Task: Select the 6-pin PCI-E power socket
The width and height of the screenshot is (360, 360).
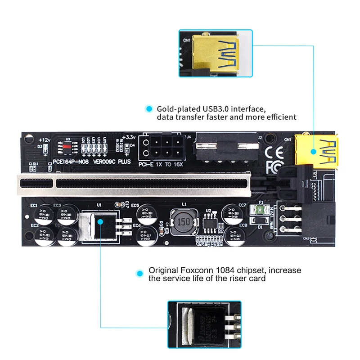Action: [161, 147]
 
